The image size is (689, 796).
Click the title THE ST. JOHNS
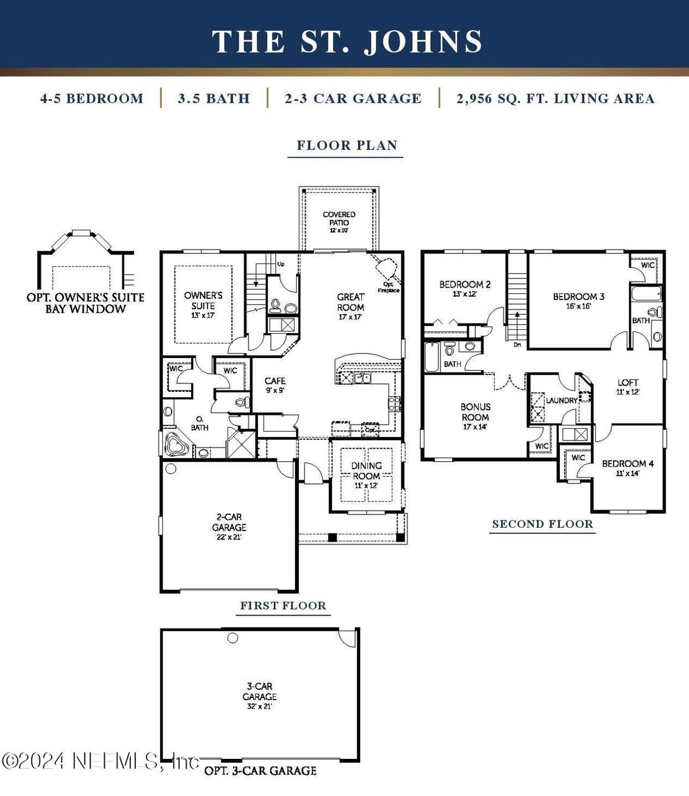pos(347,41)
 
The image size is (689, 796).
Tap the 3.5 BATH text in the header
pos(214,98)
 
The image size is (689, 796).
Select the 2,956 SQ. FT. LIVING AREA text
pos(556,98)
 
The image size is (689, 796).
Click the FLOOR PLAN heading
pos(347,145)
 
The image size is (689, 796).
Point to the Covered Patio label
pos(339,221)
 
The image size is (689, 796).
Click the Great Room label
pos(350,306)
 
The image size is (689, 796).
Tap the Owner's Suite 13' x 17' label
pos(203,305)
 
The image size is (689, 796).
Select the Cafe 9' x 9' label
pos(275,385)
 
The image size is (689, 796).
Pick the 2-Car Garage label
pos(229,526)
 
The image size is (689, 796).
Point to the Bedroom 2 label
pos(465,288)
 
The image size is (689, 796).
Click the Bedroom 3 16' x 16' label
pos(579,300)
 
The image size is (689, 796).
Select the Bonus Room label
pos(475,416)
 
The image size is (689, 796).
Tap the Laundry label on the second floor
pos(561,400)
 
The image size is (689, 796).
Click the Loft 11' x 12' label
pos(628,386)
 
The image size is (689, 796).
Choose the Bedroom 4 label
pos(628,468)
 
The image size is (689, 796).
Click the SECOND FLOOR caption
pos(543,524)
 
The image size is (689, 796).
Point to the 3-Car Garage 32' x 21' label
pos(259,695)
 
